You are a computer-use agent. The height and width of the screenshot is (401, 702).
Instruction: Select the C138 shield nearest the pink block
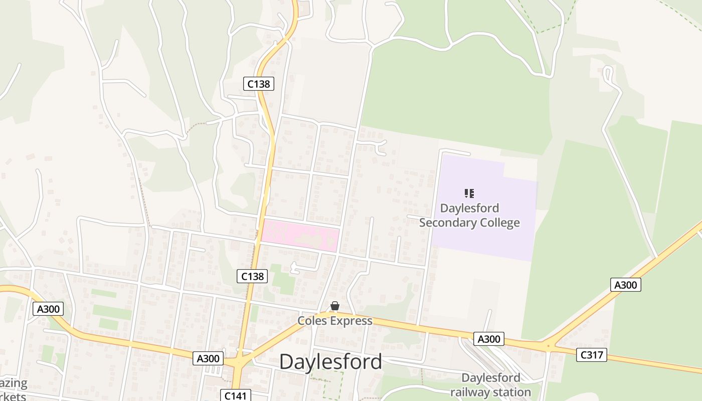point(252,276)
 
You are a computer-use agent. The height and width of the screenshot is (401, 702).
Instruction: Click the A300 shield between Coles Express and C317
point(488,339)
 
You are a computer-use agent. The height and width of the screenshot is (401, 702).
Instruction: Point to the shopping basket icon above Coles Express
point(335,306)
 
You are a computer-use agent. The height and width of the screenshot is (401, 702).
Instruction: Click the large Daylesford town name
point(330,361)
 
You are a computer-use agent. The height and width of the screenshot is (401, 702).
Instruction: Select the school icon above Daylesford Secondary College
point(469,193)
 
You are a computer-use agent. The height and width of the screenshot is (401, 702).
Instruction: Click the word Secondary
point(445,223)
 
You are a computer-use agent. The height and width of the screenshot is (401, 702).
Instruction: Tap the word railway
point(468,392)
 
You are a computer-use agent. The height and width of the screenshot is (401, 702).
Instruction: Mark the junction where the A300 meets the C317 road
point(548,345)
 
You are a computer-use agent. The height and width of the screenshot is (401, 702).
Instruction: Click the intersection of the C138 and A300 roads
point(240,360)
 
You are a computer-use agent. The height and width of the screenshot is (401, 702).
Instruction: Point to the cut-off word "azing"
point(14,384)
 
